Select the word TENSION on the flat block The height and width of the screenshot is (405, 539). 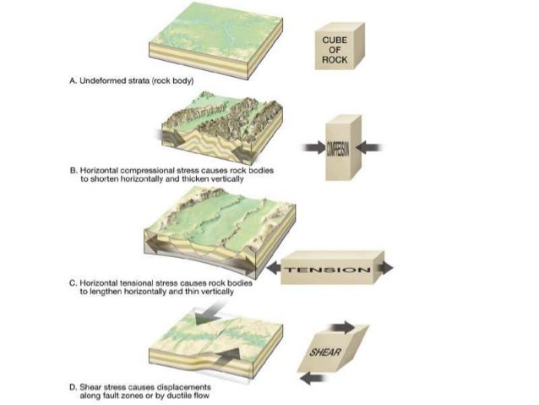[x=329, y=270]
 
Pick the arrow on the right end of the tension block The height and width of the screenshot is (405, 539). [x=385, y=269]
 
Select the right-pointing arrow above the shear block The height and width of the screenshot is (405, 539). [x=346, y=326]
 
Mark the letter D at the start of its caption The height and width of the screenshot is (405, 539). [x=71, y=384]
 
